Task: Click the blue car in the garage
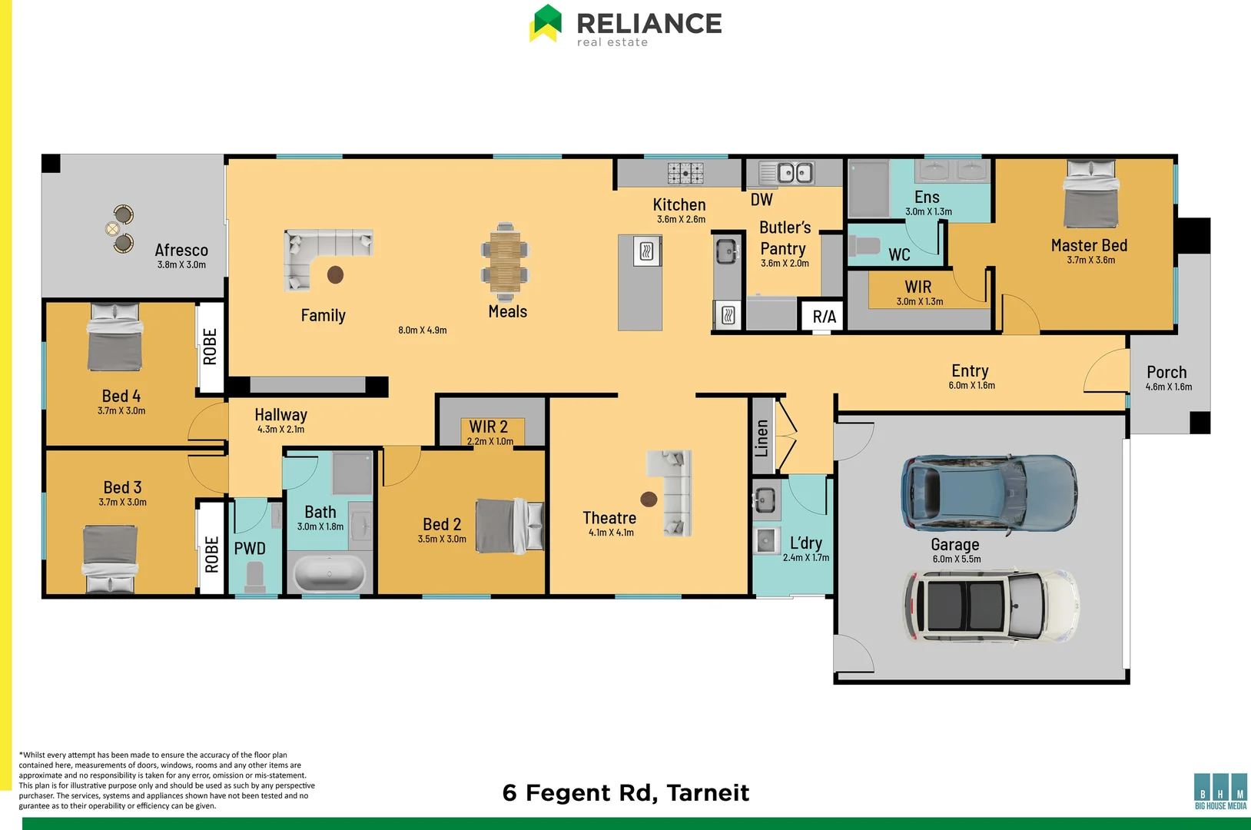(x=989, y=493)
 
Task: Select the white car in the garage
(x=992, y=606)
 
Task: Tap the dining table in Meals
(x=505, y=262)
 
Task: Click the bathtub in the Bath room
(x=330, y=573)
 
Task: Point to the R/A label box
(x=824, y=317)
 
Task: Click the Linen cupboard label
(x=762, y=438)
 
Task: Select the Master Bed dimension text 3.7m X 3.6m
(x=1090, y=260)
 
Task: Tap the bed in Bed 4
(x=114, y=337)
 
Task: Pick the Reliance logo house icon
(x=546, y=23)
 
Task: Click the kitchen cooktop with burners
(x=685, y=173)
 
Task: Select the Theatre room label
(x=609, y=518)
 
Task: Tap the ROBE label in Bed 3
(x=211, y=554)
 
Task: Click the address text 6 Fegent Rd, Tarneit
(x=625, y=792)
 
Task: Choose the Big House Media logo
(x=1220, y=792)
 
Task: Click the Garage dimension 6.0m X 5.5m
(x=957, y=559)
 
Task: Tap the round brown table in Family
(x=335, y=274)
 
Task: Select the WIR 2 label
(x=488, y=427)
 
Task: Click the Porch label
(x=1166, y=372)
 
